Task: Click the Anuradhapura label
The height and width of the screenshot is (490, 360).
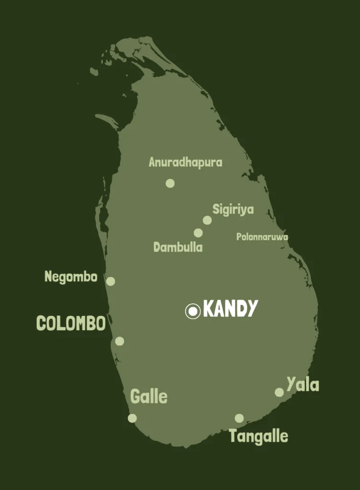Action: point(185,162)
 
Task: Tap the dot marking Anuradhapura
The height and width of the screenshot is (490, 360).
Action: point(170,183)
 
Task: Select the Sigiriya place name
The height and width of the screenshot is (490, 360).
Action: point(233,209)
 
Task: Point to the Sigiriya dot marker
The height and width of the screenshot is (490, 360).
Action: point(207,220)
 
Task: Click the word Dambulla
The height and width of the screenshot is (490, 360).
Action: point(178,247)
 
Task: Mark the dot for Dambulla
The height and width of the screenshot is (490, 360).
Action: point(198,233)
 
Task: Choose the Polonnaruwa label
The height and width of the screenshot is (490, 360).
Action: point(262,236)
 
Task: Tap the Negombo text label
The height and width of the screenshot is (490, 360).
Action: point(71,277)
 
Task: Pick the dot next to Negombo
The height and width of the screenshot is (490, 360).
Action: point(110,281)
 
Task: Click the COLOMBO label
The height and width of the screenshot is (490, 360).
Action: point(71,323)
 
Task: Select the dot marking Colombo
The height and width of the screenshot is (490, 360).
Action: point(120,341)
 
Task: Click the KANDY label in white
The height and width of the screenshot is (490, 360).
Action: point(230,309)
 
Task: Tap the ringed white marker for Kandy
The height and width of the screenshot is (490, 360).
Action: point(193,312)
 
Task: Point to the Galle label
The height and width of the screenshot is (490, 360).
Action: point(149,397)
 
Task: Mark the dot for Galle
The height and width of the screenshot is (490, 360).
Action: point(132,418)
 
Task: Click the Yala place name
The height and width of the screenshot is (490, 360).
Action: point(303,384)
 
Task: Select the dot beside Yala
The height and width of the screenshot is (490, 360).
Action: point(279,392)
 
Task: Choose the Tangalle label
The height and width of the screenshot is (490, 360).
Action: point(258,436)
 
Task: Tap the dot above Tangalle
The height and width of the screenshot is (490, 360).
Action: point(239,418)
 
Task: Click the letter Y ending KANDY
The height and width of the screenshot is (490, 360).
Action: point(251,309)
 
